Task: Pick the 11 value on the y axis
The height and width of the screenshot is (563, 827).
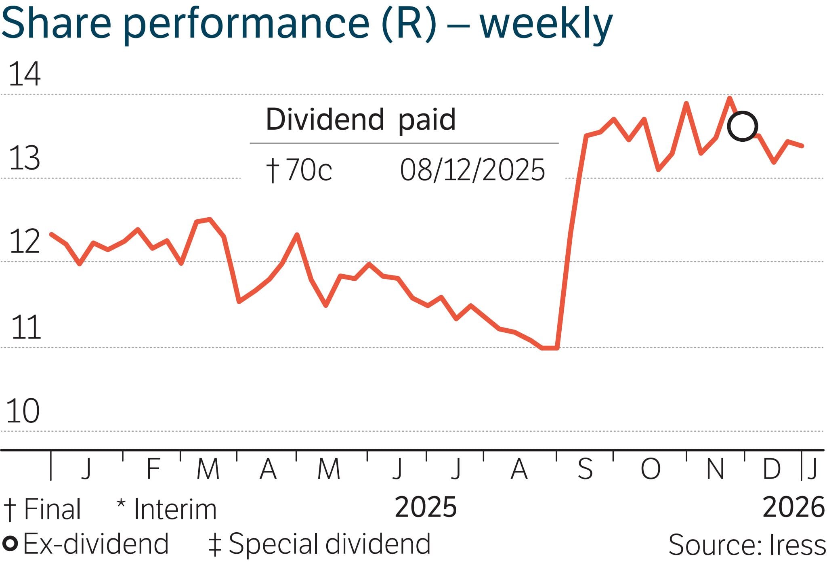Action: [x=26, y=327]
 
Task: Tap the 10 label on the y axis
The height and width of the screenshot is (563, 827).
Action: [x=23, y=411]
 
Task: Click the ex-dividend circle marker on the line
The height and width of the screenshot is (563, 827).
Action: [x=742, y=126]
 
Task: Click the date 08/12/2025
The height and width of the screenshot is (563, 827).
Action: [x=472, y=170]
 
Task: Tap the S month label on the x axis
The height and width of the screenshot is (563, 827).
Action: [x=585, y=469]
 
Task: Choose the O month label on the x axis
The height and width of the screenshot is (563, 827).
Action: [x=651, y=469]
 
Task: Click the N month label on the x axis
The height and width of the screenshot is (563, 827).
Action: [x=715, y=469]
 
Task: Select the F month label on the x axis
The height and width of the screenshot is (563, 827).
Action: [x=153, y=469]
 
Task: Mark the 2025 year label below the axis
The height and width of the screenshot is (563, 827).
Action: [x=426, y=507]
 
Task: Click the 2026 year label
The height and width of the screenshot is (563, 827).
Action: [x=793, y=507]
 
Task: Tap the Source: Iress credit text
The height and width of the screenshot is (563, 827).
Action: [x=747, y=544]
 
